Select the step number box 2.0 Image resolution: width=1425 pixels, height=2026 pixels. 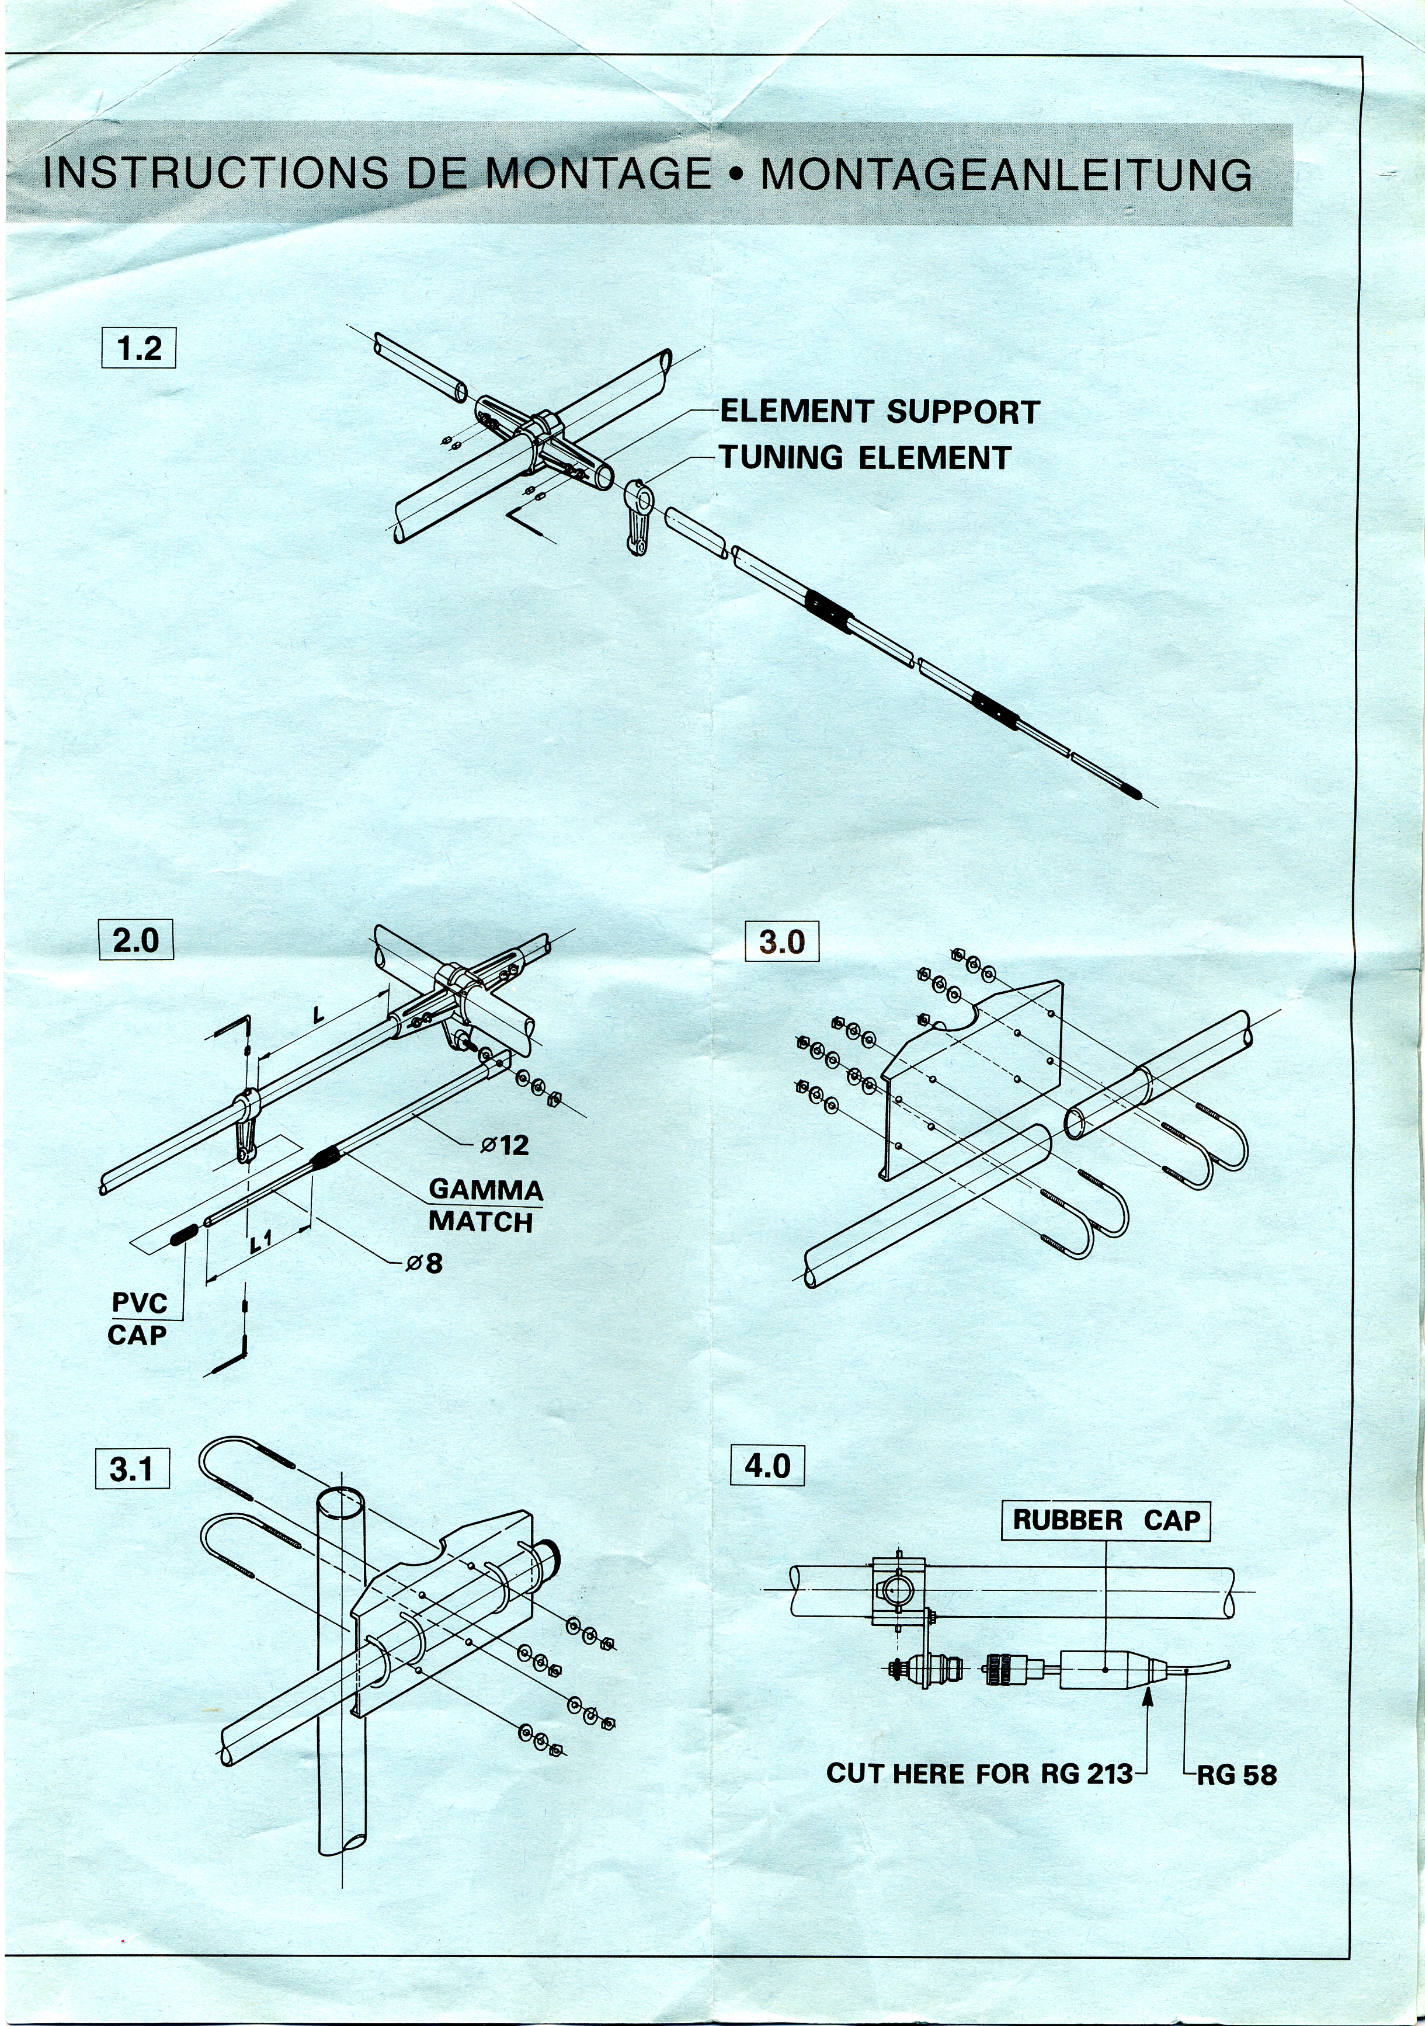[136, 940]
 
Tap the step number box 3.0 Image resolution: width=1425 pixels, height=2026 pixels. [782, 941]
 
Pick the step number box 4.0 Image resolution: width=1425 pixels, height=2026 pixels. [767, 1466]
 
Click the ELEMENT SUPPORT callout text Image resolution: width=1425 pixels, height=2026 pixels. [880, 412]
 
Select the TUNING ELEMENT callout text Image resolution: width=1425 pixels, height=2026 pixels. [865, 458]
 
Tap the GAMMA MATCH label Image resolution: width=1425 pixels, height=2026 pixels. [485, 1205]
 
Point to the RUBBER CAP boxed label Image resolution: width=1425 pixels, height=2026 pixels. [1106, 1520]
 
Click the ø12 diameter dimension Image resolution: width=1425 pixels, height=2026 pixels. [505, 1145]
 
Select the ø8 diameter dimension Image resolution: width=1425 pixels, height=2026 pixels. [425, 1264]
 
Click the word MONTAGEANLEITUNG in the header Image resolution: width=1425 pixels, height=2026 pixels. [1006, 175]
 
